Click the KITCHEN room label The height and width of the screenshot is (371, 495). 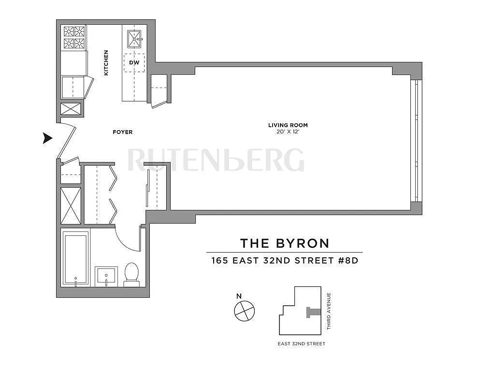coord(106,62)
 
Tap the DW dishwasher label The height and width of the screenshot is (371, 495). coord(134,62)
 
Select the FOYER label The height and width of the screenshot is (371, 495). coord(122,132)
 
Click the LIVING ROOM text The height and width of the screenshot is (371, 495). coord(288,125)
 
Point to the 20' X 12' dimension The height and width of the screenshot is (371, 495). coord(288,132)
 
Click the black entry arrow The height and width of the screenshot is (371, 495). coord(48,138)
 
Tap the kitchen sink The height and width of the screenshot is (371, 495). coord(134,39)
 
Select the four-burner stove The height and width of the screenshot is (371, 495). coord(74,37)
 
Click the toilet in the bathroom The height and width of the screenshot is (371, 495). coord(131,274)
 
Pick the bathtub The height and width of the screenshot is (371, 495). coord(75,258)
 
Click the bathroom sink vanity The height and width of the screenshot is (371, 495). coord(106,277)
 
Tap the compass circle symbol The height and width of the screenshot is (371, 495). coord(244,311)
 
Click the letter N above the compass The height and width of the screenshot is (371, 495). coord(239,296)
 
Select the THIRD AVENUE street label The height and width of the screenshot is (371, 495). coord(329,312)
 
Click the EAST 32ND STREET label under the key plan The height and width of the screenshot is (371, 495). coord(302,343)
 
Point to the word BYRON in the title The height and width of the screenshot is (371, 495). coord(303,243)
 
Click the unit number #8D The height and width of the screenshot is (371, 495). coord(349,260)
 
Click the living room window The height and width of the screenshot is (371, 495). coord(416,141)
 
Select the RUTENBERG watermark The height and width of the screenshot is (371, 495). coord(216,160)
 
